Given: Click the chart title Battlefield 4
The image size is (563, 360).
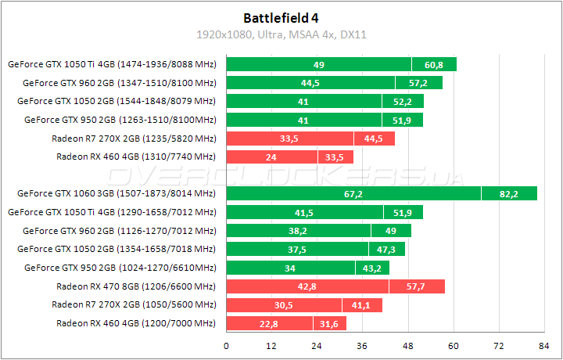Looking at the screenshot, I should tap(281, 16).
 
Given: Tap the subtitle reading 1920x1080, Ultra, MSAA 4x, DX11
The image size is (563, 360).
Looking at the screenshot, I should tap(281, 34).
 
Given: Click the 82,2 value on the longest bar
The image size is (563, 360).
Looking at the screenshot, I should tap(509, 193).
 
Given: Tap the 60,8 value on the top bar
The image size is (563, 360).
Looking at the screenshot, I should tap(434, 64).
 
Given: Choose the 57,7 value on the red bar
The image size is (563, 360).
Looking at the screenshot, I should tap(417, 286).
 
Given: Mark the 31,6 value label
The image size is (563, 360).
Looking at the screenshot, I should tap(329, 324).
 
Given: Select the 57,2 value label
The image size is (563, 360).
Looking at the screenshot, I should tap(418, 83).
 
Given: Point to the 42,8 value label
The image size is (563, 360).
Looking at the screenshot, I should tap(307, 286).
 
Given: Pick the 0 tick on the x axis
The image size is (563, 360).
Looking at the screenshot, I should tap(227, 345).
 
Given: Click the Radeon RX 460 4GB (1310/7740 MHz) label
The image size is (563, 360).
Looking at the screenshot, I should tap(136, 157).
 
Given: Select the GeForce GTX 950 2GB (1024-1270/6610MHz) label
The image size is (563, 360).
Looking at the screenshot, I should tap(120, 267).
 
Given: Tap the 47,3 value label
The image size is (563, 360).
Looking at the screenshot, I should tap(387, 249).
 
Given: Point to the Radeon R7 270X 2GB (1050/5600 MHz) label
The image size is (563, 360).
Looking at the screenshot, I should tap(134, 304).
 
